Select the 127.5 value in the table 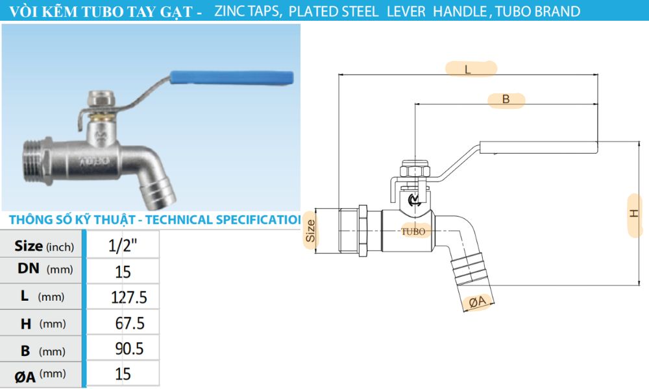(x=129, y=297)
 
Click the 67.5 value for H (x=129, y=323)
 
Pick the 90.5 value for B (x=129, y=349)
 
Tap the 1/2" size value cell (x=123, y=246)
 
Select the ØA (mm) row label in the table (x=42, y=374)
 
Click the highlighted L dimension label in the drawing (x=470, y=69)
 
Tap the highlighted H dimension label (x=635, y=214)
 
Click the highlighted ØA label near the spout (x=479, y=301)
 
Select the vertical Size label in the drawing (x=311, y=230)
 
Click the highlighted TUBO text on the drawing (x=413, y=231)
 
